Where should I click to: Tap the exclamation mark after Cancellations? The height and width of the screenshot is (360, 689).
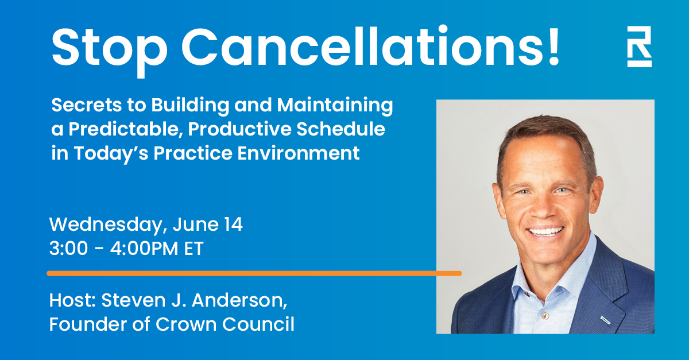(x=553, y=45)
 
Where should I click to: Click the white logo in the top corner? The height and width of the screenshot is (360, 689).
(x=639, y=47)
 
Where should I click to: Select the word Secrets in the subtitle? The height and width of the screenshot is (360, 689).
(x=87, y=105)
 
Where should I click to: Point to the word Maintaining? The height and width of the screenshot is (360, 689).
(x=335, y=105)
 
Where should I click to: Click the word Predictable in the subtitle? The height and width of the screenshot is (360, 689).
(x=123, y=129)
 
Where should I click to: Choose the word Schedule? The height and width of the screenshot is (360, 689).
(x=341, y=129)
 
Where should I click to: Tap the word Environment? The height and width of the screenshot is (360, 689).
(x=299, y=153)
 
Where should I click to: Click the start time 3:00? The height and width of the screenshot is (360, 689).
(x=68, y=248)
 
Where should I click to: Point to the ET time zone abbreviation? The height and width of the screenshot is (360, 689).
(x=194, y=248)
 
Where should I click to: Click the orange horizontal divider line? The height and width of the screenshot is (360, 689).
(x=254, y=273)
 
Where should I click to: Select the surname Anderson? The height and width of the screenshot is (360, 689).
(x=239, y=300)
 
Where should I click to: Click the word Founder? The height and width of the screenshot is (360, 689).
(x=88, y=324)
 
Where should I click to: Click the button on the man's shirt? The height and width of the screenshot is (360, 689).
(x=545, y=315)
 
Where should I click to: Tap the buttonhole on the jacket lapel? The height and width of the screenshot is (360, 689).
(x=605, y=320)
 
